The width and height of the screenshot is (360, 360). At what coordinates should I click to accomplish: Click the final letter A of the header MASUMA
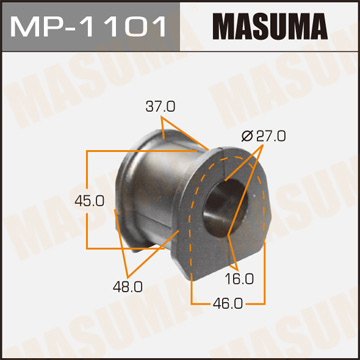click(335, 25)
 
